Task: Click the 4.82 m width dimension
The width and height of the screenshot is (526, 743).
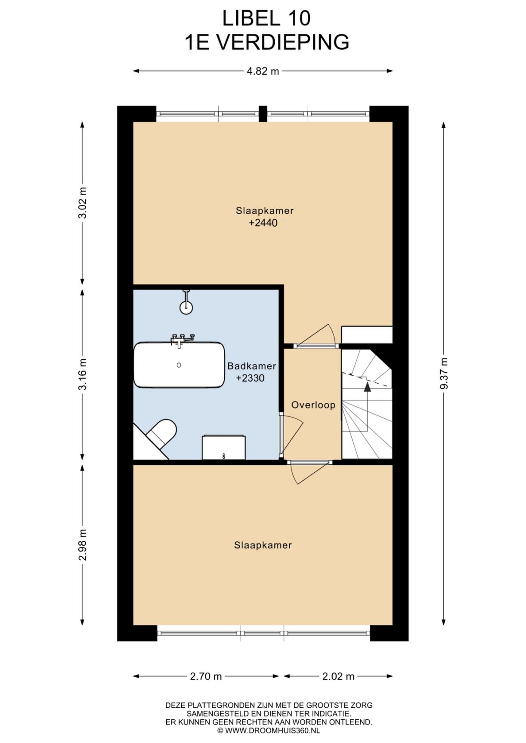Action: (x=263, y=71)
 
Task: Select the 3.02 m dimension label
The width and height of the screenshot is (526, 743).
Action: (x=82, y=203)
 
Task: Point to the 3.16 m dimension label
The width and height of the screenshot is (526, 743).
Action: (x=82, y=374)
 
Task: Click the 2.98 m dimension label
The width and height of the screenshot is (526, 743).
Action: (x=82, y=545)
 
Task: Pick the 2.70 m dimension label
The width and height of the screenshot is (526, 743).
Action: (x=206, y=676)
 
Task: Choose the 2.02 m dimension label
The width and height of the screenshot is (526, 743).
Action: (x=338, y=676)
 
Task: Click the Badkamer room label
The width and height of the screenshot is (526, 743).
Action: (x=251, y=366)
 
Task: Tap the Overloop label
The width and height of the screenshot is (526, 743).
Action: (x=313, y=405)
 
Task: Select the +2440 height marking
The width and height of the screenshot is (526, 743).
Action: (x=263, y=223)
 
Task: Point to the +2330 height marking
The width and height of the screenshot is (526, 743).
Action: (x=250, y=378)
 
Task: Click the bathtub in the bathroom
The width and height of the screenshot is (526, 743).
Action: (x=179, y=365)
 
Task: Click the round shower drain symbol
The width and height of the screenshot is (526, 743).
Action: (x=186, y=307)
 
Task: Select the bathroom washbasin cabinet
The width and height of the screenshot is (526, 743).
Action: (x=224, y=447)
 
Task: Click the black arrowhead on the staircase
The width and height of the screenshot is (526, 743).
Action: (x=367, y=386)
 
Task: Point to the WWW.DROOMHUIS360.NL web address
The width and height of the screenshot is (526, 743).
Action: (x=272, y=730)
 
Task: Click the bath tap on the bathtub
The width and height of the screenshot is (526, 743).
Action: (x=182, y=340)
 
